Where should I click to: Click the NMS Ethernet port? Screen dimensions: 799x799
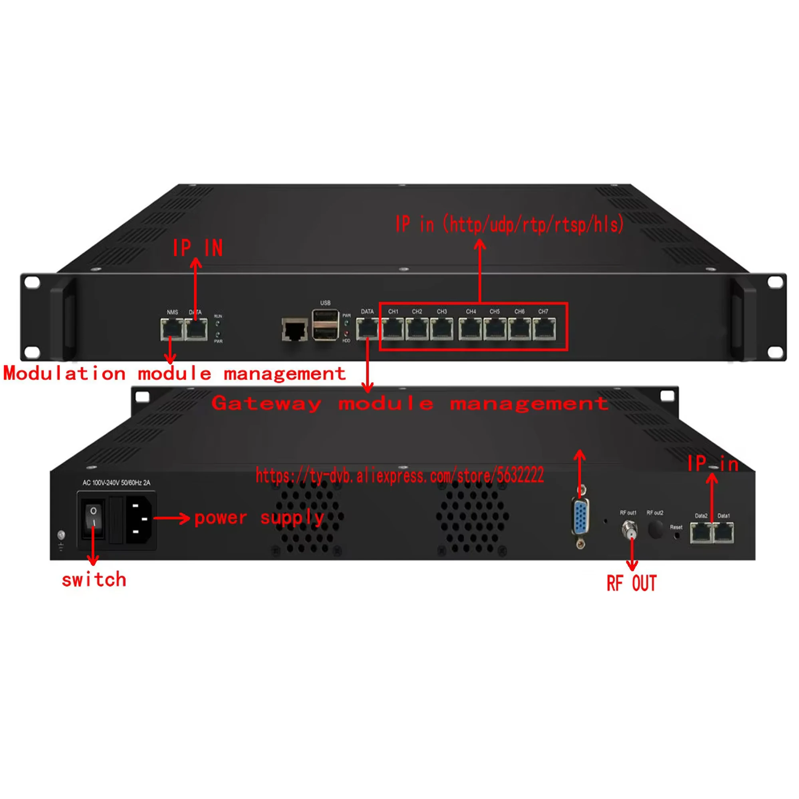pos(172,329)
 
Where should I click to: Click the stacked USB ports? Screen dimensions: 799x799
pos(326,325)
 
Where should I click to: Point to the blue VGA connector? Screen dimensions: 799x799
pos(580,517)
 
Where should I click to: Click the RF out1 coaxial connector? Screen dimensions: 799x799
pos(630,529)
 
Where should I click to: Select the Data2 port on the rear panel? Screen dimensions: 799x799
pos(701,532)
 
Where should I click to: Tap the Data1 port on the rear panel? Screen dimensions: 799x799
pos(723,532)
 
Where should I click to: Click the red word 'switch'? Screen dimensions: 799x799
pos(94,580)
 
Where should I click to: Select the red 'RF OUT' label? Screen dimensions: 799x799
pos(632,583)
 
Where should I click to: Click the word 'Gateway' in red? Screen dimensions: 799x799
pos(266,403)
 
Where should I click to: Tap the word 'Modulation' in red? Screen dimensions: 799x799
pos(64,374)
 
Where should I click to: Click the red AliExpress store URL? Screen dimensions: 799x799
pos(399,475)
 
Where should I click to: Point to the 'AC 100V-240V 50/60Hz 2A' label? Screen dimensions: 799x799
pos(116,483)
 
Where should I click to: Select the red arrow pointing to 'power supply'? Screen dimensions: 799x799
pos(171,518)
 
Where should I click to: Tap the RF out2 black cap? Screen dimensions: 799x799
pos(655,529)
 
